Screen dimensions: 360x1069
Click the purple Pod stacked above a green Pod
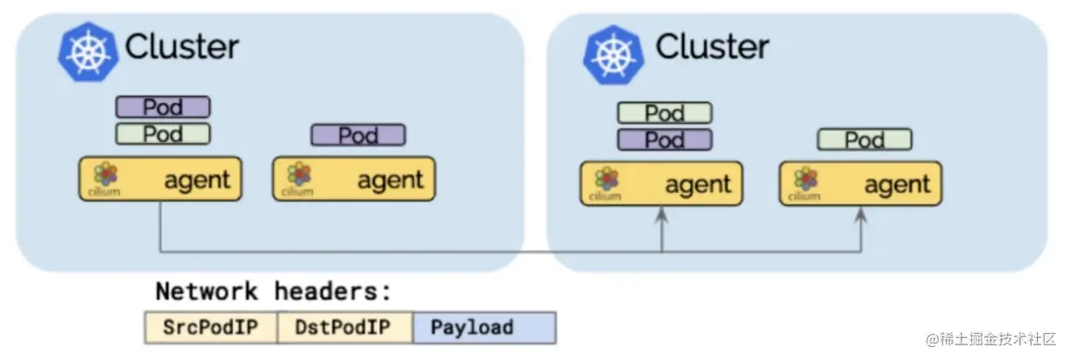click(163, 107)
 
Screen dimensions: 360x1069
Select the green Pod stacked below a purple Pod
click(163, 133)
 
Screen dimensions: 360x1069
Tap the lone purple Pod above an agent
click(358, 134)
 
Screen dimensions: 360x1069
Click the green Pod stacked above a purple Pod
click(664, 112)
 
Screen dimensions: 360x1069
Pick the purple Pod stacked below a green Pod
click(664, 139)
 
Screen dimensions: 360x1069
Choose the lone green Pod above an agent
click(864, 139)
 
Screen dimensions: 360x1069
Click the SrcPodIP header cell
click(210, 327)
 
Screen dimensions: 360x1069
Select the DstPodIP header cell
click(345, 327)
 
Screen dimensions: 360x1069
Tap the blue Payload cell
click(484, 327)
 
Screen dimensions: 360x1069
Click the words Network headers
click(274, 291)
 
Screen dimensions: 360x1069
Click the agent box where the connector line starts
click(161, 179)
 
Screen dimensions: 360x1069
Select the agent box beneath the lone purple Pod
click(354, 179)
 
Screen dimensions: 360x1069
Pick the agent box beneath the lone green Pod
click(860, 183)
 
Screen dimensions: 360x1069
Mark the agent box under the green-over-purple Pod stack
click(661, 183)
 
